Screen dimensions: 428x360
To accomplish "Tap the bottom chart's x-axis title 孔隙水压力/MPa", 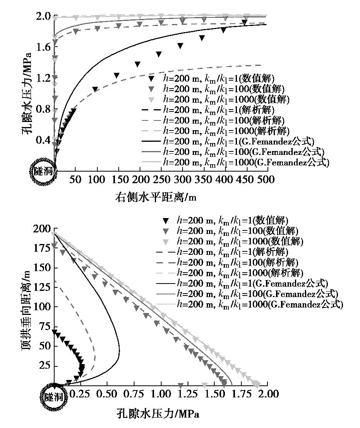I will (158, 414).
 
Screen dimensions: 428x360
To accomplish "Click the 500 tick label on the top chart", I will (266, 180).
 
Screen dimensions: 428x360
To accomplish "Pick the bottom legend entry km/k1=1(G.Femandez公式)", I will (252, 283).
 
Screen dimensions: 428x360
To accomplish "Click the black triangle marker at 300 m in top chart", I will (180, 46).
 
